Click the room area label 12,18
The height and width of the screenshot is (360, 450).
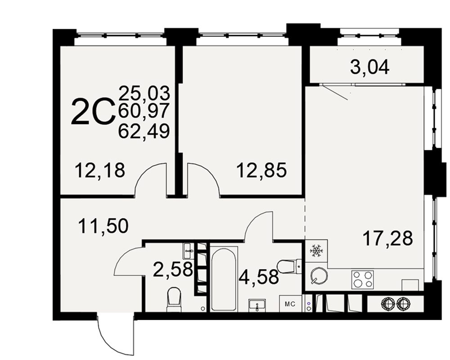(99, 170)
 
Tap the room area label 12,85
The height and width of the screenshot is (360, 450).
(261, 170)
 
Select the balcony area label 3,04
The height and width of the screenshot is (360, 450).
(369, 67)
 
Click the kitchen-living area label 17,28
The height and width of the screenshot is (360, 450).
(388, 238)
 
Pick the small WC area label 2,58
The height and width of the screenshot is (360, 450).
(173, 270)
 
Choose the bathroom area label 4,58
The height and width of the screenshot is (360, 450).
(259, 277)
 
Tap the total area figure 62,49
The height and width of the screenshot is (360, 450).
(144, 131)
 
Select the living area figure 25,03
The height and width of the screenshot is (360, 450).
(144, 93)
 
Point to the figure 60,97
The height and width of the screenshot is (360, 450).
(144, 112)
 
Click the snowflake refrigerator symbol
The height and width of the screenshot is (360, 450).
(316, 251)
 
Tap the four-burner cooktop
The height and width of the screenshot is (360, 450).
(362, 279)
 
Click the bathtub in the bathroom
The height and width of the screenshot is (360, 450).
(224, 279)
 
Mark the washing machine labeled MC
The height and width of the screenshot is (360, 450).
(290, 304)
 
